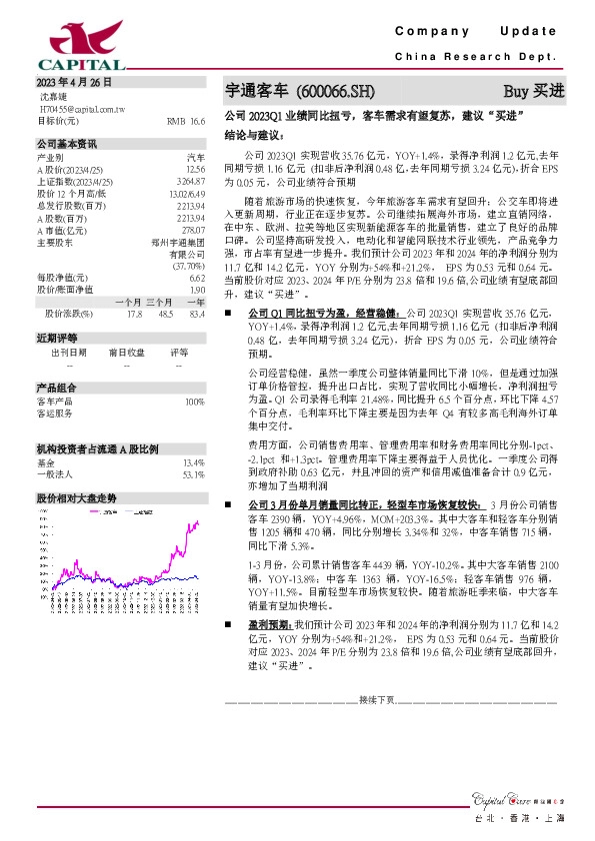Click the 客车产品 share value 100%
click(x=194, y=402)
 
